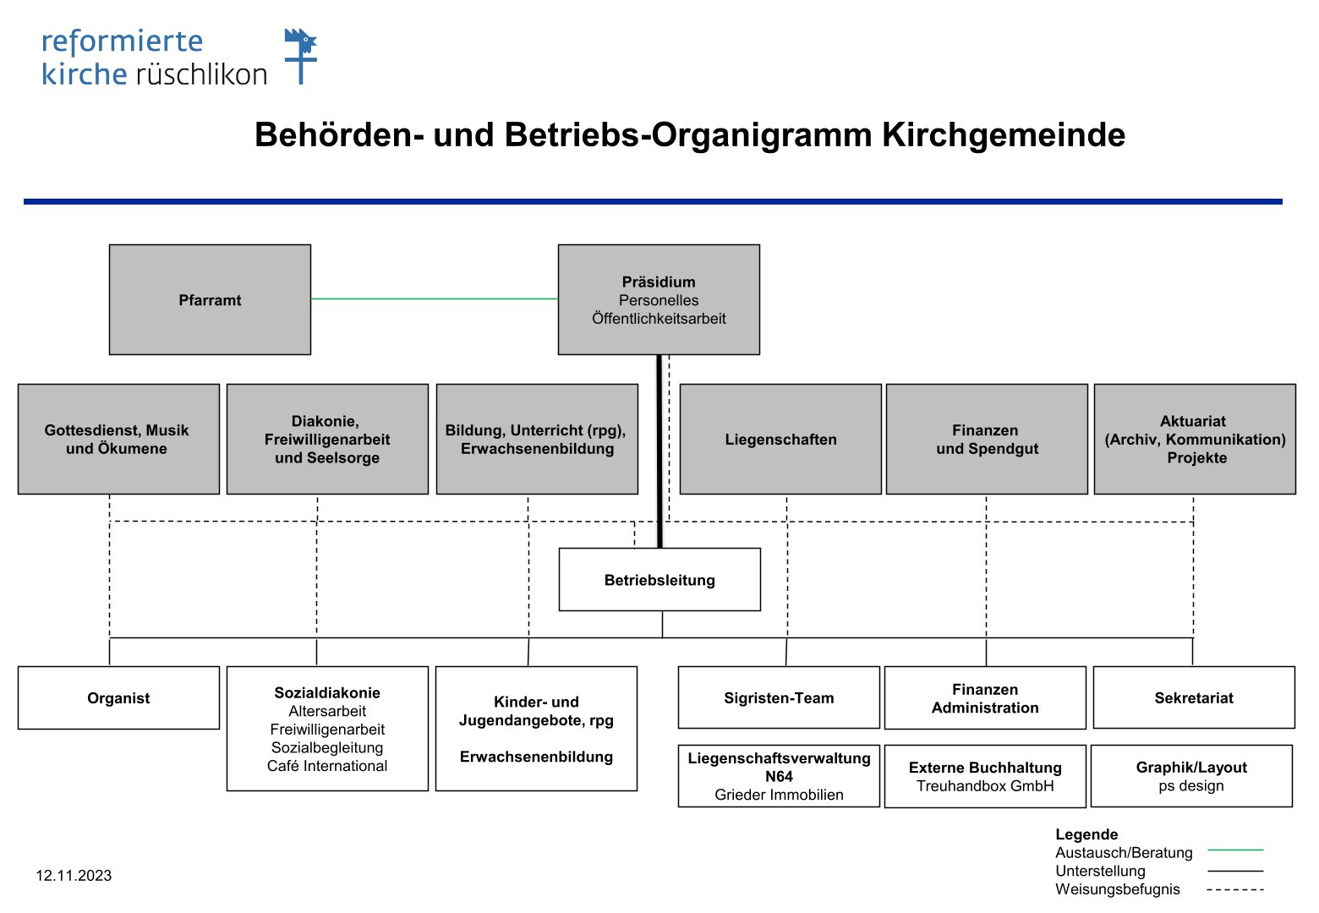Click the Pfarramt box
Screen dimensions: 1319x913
click(211, 299)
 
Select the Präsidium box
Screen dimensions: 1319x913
click(659, 299)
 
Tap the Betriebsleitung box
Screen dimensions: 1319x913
click(659, 580)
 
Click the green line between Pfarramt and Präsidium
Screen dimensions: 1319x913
click(435, 299)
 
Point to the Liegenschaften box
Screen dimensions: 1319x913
click(780, 439)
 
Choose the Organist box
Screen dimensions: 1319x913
click(118, 698)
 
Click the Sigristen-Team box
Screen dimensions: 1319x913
click(779, 697)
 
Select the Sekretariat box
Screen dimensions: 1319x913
click(1194, 697)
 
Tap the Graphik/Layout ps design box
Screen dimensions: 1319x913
click(1192, 776)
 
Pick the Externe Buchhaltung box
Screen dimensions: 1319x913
click(985, 776)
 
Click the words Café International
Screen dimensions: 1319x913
click(327, 766)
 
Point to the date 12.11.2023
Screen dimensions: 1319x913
click(74, 875)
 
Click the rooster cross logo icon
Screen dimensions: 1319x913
click(301, 56)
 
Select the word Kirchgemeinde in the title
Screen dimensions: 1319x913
click(1004, 134)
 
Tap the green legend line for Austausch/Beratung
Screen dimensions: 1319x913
click(1235, 850)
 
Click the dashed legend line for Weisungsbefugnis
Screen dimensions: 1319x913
click(1235, 889)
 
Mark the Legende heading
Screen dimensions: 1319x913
click(1086, 834)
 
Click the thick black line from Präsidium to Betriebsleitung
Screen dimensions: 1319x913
click(659, 451)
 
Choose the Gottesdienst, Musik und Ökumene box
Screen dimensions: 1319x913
click(118, 439)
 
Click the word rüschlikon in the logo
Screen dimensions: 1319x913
click(201, 74)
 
